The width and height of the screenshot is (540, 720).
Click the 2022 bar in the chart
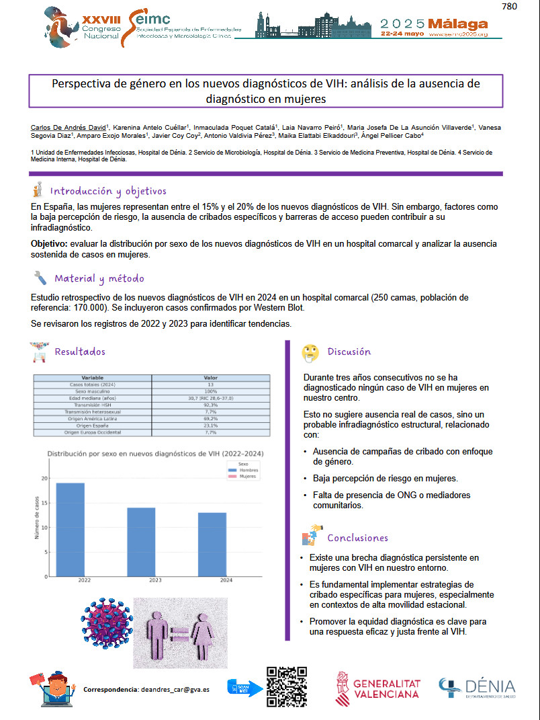click(x=70, y=529)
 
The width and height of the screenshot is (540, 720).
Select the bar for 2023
click(x=141, y=542)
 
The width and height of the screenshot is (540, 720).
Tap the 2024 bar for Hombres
click(x=212, y=544)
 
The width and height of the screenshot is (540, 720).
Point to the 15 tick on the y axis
click(x=46, y=503)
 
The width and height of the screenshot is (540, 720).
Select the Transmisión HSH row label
click(x=93, y=405)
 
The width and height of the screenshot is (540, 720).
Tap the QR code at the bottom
click(x=286, y=686)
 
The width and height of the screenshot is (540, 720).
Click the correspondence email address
click(x=176, y=690)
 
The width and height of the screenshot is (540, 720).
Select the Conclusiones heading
click(x=357, y=538)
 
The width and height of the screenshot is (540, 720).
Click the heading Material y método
click(x=99, y=278)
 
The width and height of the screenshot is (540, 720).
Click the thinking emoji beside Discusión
click(x=310, y=352)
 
